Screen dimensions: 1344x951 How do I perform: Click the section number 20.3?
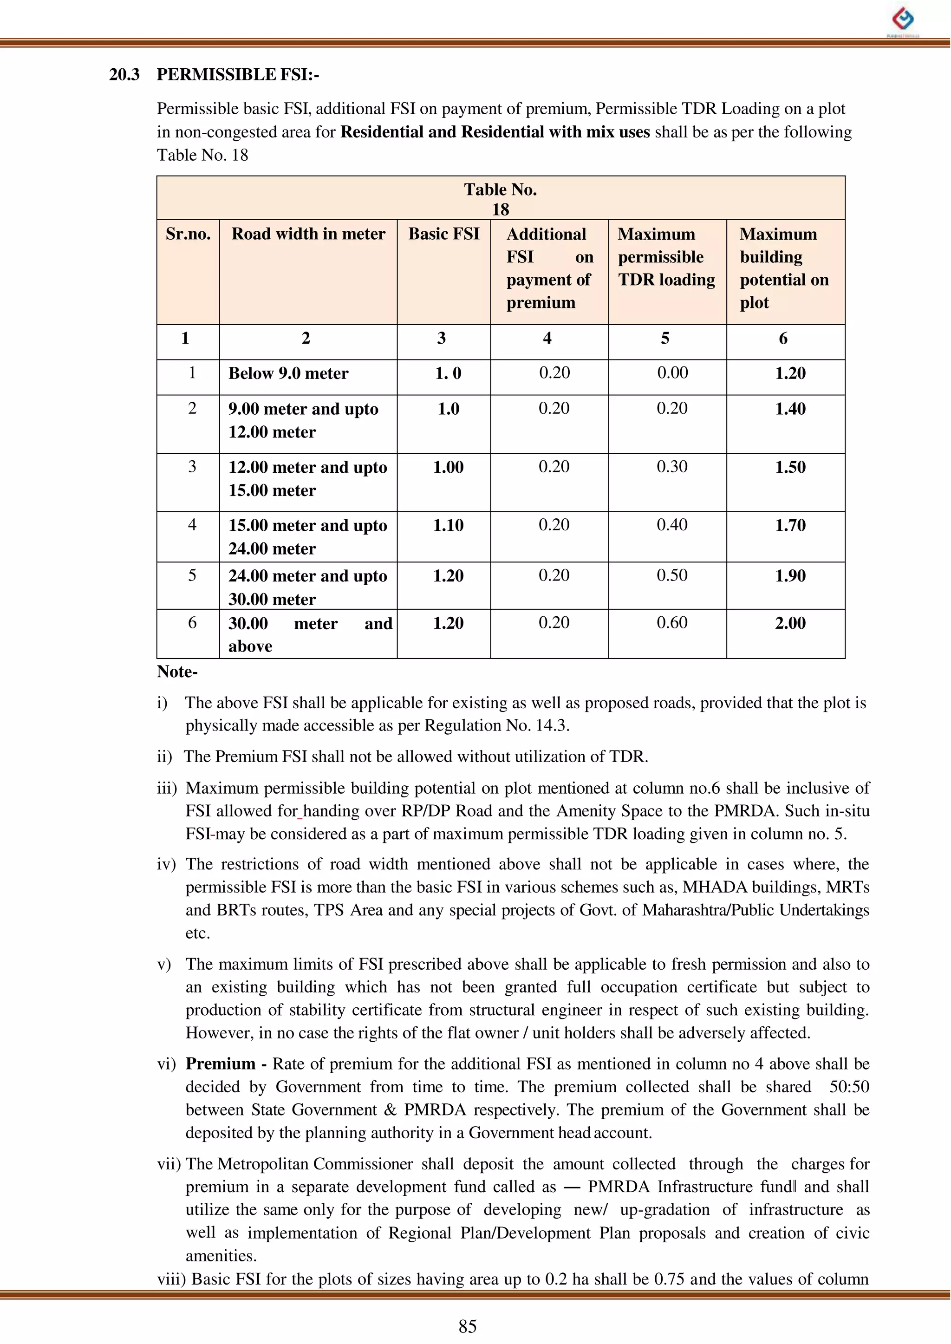pos(124,74)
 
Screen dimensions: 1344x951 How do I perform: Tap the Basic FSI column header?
pos(444,234)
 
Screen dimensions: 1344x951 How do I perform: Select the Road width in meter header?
pos(308,234)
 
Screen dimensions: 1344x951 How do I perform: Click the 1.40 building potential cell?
pos(790,408)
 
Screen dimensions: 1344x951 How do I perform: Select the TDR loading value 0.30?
pos(671,467)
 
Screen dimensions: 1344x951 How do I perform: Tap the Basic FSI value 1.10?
pos(448,525)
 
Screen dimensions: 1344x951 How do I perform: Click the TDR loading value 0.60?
pos(671,622)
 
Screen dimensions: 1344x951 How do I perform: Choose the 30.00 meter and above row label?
pos(309,634)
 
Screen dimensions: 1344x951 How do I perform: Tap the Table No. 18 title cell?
pos(500,198)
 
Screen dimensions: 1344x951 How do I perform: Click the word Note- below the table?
pos(177,671)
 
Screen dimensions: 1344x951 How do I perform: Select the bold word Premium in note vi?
pos(220,1063)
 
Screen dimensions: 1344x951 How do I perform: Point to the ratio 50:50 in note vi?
pos(848,1086)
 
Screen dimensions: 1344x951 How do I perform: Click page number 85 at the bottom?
pos(467,1326)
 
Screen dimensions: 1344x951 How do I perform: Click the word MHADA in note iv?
pos(715,887)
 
